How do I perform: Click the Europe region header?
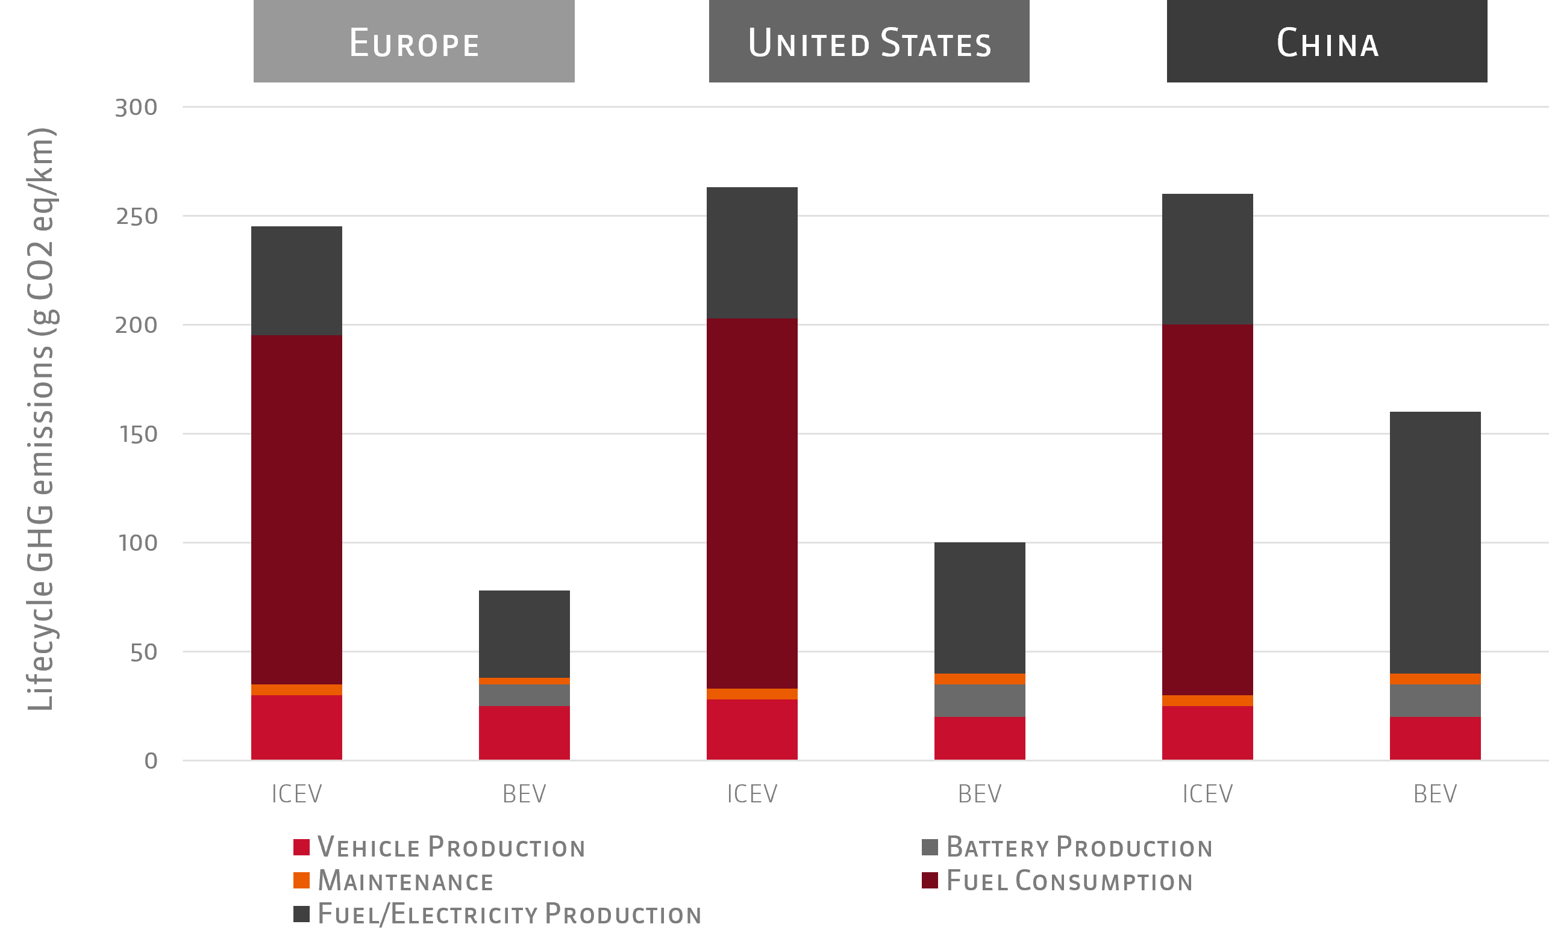tap(414, 42)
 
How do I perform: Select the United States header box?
tap(869, 42)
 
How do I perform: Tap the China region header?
tap(1327, 42)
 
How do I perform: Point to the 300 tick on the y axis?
tap(136, 107)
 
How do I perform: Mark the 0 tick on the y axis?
tap(150, 761)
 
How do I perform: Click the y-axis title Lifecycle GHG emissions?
tap(42, 419)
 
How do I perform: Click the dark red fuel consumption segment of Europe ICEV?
tap(296, 509)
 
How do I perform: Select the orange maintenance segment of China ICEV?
tap(1207, 701)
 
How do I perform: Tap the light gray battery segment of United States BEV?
tap(980, 701)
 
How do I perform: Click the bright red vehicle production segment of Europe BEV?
tap(524, 733)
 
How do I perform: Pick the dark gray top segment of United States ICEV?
tap(752, 253)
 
